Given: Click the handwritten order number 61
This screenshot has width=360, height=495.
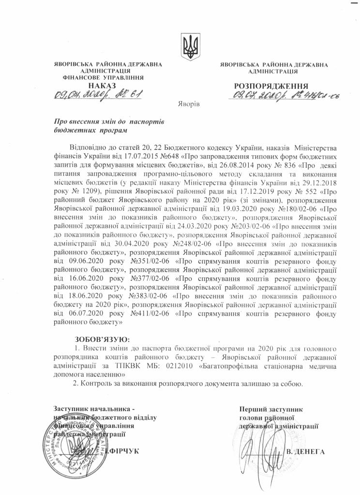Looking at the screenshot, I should pos(134,94).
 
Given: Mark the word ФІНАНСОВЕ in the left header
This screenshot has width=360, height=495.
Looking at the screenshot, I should pos(81,77).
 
